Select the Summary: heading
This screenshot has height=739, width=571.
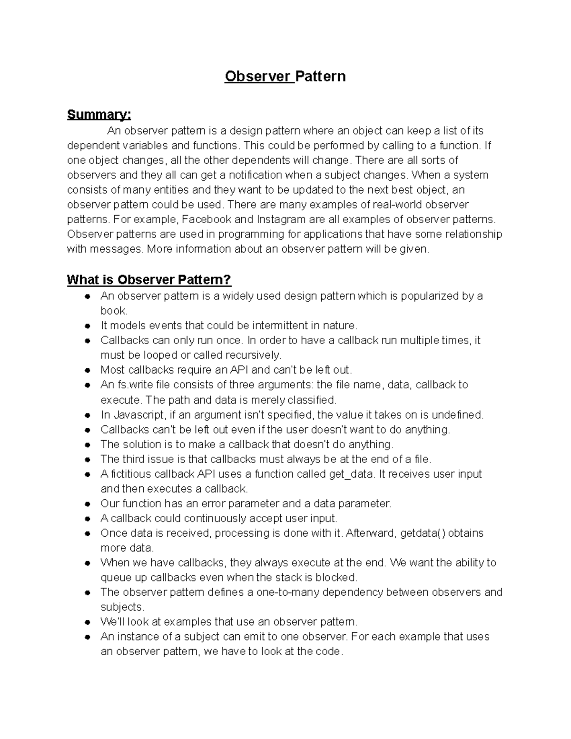pyautogui.click(x=99, y=115)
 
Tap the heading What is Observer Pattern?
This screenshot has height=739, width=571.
pyautogui.click(x=149, y=280)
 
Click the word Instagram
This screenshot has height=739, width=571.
pyautogui.click(x=281, y=220)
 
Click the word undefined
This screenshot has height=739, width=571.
pyautogui.click(x=459, y=415)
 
